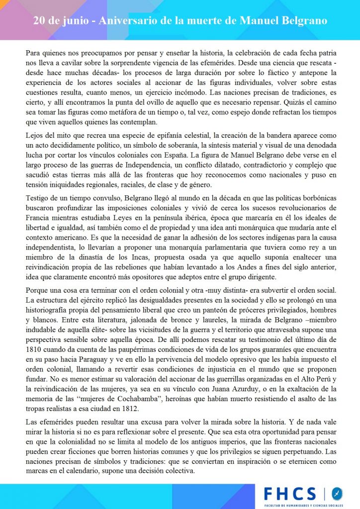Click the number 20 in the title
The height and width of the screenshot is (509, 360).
pos(40,21)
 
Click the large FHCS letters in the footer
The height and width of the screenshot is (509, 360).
pos(289,493)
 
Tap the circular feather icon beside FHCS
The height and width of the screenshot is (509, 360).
pos(337,494)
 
